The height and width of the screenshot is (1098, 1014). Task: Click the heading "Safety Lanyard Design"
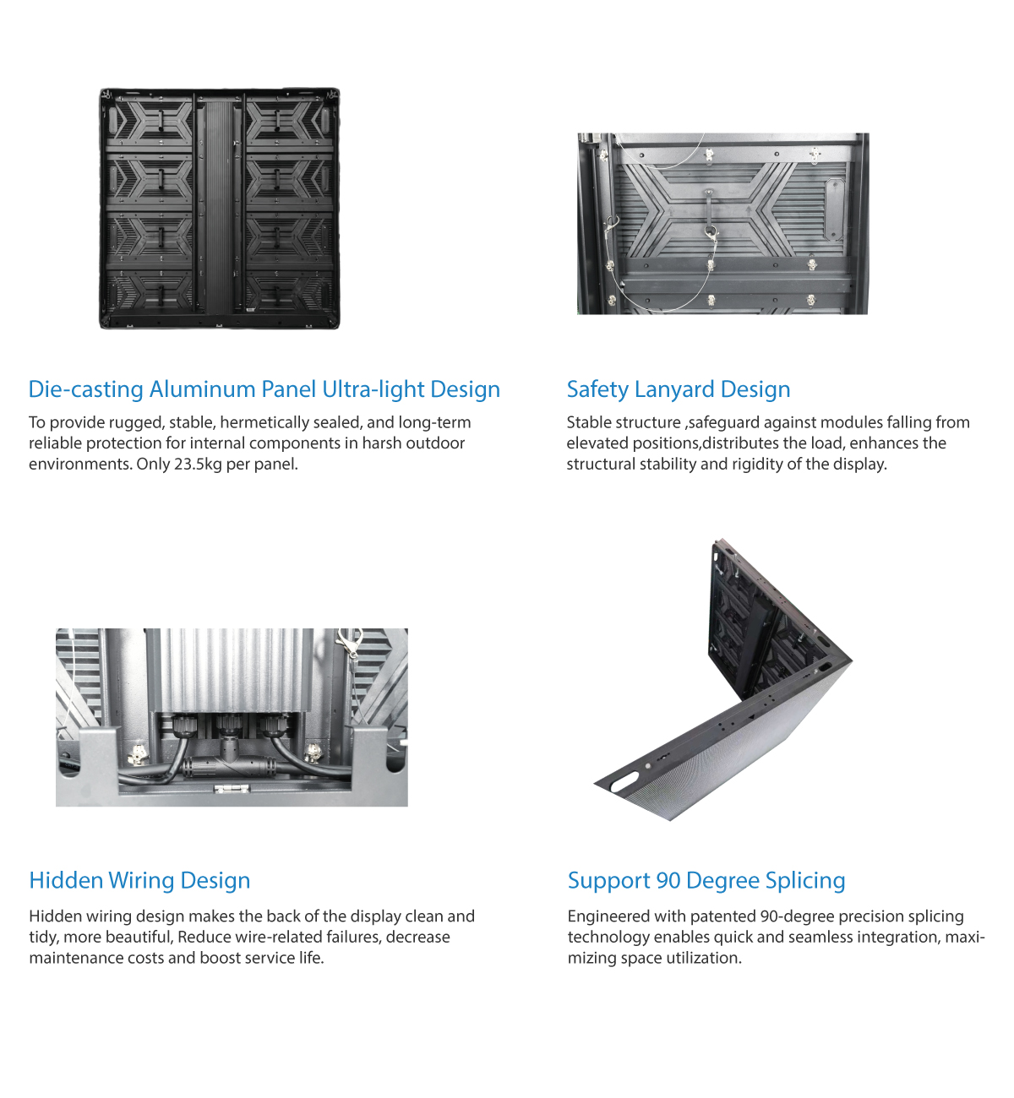pyautogui.click(x=679, y=389)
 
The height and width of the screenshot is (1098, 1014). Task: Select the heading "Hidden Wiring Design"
pyautogui.click(x=139, y=880)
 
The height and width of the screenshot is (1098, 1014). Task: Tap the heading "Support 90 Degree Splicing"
pyautogui.click(x=706, y=880)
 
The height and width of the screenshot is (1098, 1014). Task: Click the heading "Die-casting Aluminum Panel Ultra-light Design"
pyautogui.click(x=264, y=389)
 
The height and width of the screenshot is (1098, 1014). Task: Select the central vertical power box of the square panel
pyautogui.click(x=219, y=207)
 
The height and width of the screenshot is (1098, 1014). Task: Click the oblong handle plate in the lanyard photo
pyautogui.click(x=835, y=209)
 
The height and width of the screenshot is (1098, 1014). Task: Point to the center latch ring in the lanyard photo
pyautogui.click(x=710, y=231)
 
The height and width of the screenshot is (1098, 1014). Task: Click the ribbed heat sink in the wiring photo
pyautogui.click(x=232, y=670)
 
